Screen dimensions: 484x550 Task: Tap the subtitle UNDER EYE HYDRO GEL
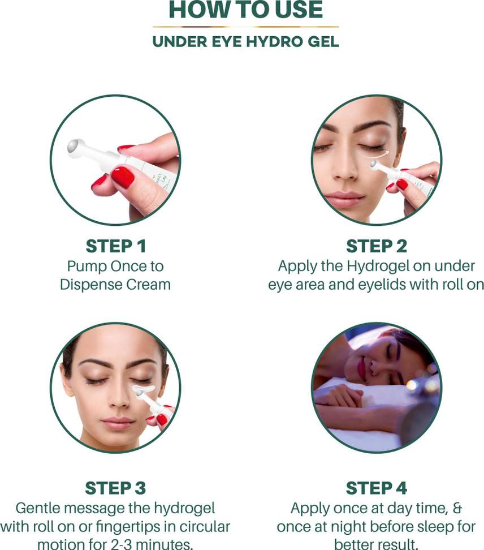tap(246, 42)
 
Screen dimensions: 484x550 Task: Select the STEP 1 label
tap(116, 246)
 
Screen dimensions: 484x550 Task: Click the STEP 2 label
tap(377, 246)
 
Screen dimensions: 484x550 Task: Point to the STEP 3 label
tap(115, 488)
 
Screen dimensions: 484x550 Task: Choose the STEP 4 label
tap(377, 488)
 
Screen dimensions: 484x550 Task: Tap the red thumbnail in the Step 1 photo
tap(123, 177)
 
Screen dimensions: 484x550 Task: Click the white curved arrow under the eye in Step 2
tap(375, 154)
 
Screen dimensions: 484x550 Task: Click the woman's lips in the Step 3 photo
tap(118, 422)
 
